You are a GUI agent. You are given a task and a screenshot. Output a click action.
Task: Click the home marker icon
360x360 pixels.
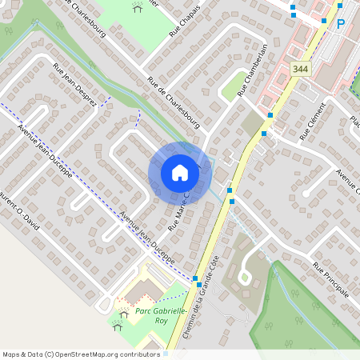point(180,173)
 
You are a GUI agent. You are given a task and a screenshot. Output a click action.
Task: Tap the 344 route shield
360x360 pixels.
point(299,70)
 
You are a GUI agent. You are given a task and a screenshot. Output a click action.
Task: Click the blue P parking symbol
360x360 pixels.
point(340,24)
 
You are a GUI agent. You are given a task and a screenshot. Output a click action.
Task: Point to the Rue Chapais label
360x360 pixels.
point(183,22)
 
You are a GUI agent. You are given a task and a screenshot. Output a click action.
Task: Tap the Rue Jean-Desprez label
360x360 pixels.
point(74,86)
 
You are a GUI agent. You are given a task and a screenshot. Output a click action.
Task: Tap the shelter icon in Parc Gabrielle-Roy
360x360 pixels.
point(119,326)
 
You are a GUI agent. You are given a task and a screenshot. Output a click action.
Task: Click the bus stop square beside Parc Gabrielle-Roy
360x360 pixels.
point(196,278)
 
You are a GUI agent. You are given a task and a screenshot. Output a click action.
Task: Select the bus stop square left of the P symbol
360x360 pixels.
point(324,21)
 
